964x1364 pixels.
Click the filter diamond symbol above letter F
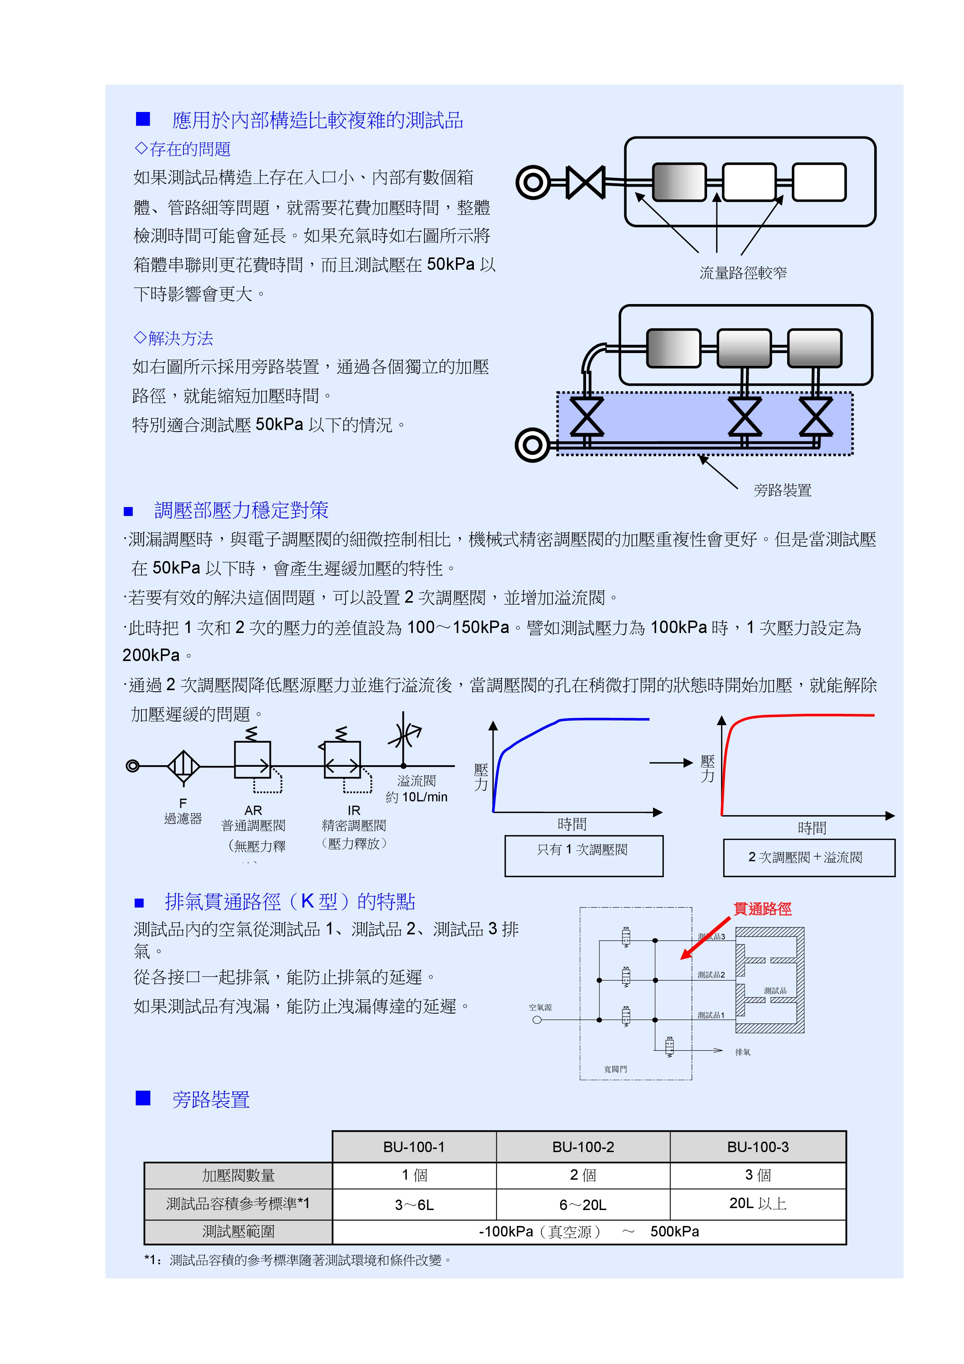183,766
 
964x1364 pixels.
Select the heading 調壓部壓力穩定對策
241,510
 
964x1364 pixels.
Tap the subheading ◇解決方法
173,339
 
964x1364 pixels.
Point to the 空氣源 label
540,1007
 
